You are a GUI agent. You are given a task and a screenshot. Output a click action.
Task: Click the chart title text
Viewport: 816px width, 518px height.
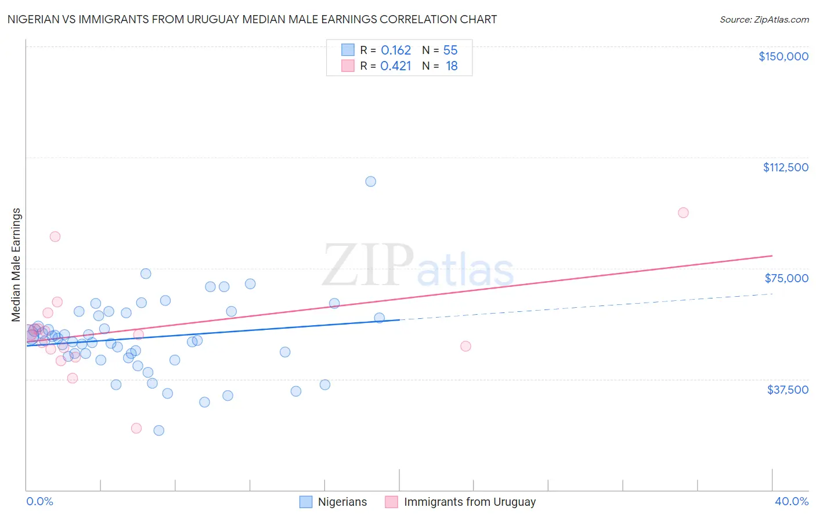click(252, 19)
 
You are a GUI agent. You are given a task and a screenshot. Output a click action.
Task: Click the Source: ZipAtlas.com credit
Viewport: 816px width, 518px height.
click(764, 19)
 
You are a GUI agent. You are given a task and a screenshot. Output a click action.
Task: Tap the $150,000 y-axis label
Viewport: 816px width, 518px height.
click(783, 56)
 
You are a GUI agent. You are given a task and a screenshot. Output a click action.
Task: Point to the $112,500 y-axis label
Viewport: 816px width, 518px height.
click(785, 167)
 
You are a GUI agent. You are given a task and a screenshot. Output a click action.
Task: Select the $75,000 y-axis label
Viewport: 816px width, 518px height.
click(786, 278)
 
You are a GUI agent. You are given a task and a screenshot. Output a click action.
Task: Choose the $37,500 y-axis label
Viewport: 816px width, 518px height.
click(787, 390)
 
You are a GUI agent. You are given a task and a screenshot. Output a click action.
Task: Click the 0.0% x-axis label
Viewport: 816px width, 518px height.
click(39, 501)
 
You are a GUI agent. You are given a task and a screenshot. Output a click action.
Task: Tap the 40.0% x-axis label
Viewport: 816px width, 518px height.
click(791, 501)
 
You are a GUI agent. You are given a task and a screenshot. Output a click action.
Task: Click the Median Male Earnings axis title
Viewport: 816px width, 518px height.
click(16, 265)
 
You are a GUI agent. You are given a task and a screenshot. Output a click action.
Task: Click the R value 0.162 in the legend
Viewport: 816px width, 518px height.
click(396, 51)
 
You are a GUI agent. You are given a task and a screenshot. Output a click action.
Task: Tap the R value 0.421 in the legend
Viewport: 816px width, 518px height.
click(396, 66)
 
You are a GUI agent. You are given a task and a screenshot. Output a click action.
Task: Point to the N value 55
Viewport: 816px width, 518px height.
click(450, 51)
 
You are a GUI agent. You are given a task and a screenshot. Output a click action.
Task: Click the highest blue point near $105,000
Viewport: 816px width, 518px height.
click(370, 181)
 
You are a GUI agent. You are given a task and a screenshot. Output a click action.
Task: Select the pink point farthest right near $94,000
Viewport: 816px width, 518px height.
click(683, 213)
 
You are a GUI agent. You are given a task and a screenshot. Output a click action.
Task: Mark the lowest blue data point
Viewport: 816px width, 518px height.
click(158, 430)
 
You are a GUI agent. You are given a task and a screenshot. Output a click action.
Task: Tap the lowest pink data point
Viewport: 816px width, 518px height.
click(136, 428)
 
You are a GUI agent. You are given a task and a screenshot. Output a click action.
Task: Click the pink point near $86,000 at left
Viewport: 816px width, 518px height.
click(55, 236)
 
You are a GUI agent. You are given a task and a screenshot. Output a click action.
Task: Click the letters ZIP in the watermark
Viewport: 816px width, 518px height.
click(368, 265)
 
